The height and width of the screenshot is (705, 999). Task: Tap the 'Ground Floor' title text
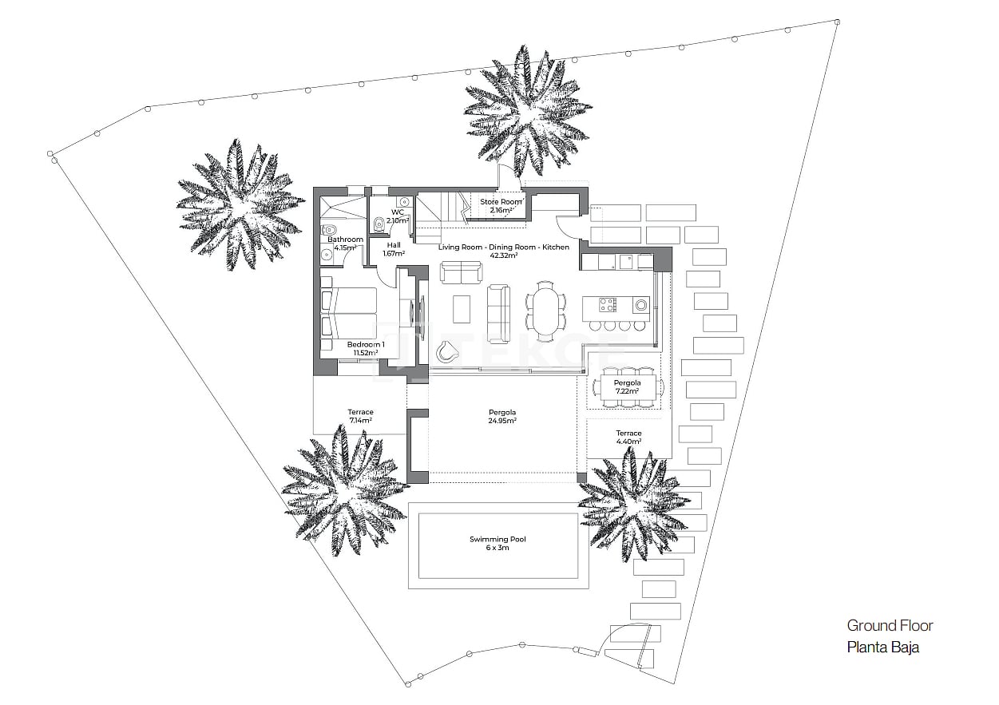click(890, 625)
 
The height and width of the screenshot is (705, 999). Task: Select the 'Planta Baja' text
click(882, 647)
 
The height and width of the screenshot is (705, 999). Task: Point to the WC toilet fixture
click(379, 224)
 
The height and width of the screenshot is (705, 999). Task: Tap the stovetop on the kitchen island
click(608, 304)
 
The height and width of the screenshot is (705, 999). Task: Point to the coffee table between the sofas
click(462, 307)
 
